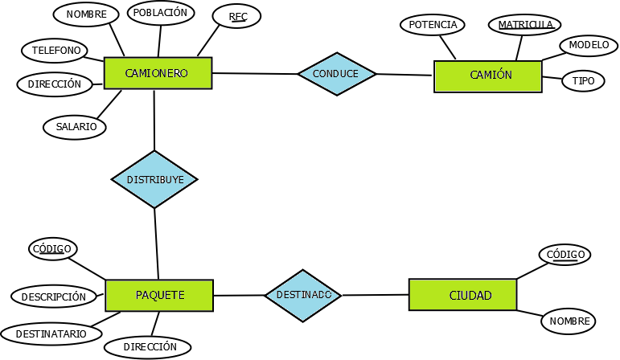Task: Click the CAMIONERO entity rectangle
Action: coord(158,73)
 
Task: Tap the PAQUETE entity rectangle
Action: coord(159,296)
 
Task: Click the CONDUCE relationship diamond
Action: coord(336,74)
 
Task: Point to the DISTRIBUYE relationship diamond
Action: coord(154,180)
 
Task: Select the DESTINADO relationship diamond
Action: coord(303,295)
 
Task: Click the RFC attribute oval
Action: coord(237,17)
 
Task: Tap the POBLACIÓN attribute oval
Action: coord(160,13)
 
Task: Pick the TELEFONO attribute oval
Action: coord(55,51)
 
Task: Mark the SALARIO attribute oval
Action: coord(76,127)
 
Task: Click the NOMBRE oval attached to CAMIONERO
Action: coord(86,15)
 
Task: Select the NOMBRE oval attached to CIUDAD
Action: coord(569,321)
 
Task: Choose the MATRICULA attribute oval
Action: coord(525,25)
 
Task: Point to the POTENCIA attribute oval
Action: coord(433,25)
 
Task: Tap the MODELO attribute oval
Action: coord(589,46)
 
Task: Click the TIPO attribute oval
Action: coord(583,81)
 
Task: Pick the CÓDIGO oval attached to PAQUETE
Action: coord(53,248)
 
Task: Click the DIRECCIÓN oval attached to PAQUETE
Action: coord(149,347)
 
